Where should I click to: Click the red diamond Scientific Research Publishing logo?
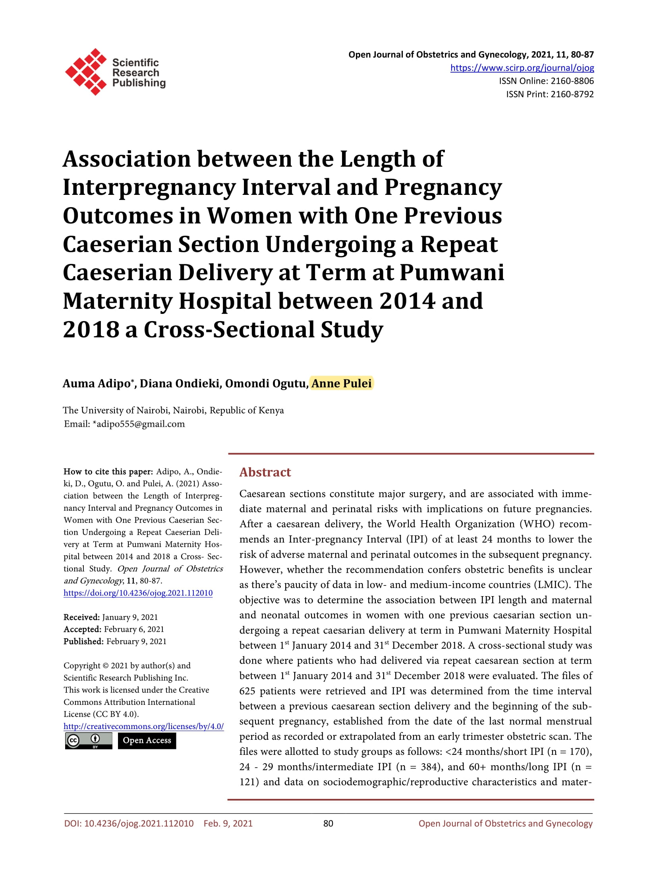coord(85,72)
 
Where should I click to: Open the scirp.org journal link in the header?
coord(522,68)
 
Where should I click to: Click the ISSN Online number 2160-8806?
coord(572,81)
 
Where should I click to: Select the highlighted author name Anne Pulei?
coord(341,383)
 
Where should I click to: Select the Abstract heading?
coord(265,472)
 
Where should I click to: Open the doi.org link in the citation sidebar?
coord(138,593)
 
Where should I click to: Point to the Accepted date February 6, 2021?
coord(134,629)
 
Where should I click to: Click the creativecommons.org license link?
coord(143,726)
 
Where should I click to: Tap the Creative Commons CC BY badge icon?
coord(88,741)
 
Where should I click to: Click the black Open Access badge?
coord(147,740)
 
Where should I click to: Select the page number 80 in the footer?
coord(328,824)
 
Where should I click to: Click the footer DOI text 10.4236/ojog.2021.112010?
coord(139,824)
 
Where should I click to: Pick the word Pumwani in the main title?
coord(452,273)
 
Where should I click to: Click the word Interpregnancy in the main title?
coord(149,187)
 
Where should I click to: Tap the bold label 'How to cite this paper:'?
coord(108,472)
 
